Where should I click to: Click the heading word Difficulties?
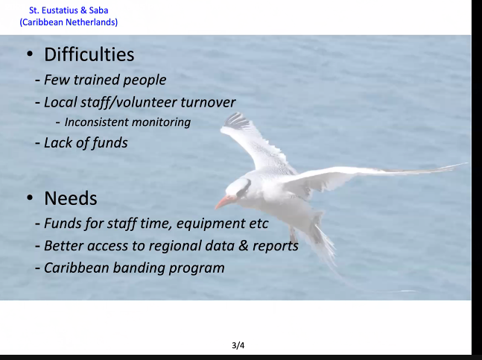point(89,54)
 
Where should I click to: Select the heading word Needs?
point(71,199)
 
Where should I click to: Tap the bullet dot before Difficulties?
point(29,55)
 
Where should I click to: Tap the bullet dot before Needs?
point(29,199)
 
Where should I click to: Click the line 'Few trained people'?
point(104,80)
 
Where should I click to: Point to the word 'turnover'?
point(209,102)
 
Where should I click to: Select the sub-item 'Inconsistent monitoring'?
point(127,122)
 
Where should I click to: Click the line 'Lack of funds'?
point(86,142)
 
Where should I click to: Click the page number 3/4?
point(238,345)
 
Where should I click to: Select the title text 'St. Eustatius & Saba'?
point(69,10)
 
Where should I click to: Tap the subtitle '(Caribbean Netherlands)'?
point(69,22)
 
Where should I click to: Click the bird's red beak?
point(224,202)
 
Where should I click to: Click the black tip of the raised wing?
point(237,119)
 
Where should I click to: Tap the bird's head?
point(240,188)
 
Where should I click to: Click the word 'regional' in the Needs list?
point(165,245)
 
